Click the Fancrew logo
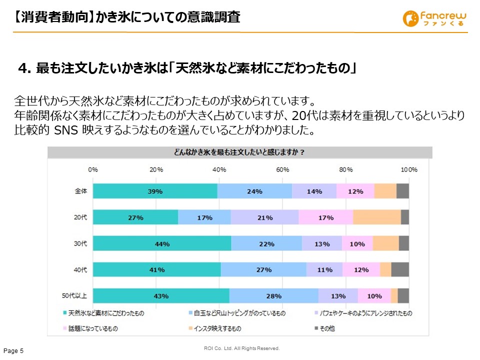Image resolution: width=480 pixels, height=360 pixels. [433, 18]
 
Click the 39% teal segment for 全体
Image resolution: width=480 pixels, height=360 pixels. [155, 191]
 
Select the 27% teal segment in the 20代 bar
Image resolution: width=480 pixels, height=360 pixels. [135, 217]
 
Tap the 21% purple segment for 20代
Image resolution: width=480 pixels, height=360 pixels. [264, 217]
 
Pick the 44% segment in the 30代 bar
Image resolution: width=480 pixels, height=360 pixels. [162, 243]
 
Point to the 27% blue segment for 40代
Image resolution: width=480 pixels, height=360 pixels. [263, 269]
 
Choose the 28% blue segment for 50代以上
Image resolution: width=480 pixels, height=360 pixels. [273, 295]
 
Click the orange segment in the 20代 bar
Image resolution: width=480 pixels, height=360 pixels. [376, 217]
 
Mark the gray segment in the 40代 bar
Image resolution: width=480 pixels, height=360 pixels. [400, 269]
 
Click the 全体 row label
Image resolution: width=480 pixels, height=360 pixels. [80, 191]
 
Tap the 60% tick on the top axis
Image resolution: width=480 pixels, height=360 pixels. [282, 170]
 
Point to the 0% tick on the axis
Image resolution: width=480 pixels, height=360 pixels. [93, 170]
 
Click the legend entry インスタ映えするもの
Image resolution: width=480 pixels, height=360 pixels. [217, 328]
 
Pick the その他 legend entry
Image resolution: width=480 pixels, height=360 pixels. [328, 328]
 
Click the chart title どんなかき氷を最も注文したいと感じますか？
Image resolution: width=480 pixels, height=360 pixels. [239, 152]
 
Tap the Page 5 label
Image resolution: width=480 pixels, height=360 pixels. [13, 351]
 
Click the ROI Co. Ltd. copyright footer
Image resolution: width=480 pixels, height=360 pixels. [241, 348]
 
